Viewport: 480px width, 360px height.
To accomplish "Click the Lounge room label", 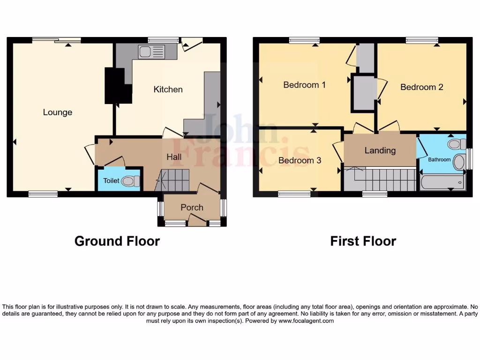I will click(x=58, y=112).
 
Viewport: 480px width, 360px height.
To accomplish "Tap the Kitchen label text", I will click(x=168, y=90).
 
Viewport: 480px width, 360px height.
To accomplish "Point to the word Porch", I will click(x=192, y=207).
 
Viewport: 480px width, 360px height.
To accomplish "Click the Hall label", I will click(x=174, y=157).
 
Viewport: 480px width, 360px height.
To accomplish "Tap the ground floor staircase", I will click(x=174, y=180).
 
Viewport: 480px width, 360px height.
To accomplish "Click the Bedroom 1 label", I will click(x=304, y=85).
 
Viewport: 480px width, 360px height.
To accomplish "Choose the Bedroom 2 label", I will click(x=421, y=87).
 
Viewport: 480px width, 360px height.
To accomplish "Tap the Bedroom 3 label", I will click(x=300, y=160).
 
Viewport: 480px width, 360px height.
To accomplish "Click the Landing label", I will click(x=380, y=150).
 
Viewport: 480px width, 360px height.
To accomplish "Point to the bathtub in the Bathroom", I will click(x=442, y=182).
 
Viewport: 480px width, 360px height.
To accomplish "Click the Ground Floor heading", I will click(x=117, y=241).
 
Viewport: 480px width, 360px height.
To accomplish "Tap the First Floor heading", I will click(x=363, y=241).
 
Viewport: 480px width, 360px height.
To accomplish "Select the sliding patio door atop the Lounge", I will click(x=56, y=40).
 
